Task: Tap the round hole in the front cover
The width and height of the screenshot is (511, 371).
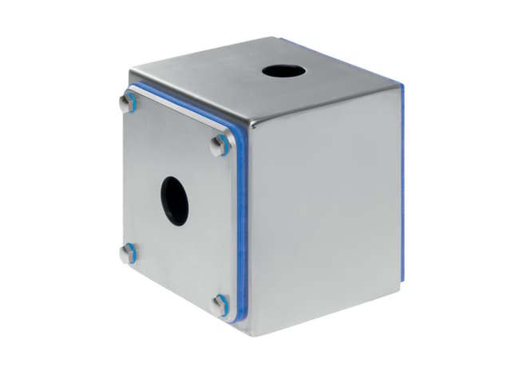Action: [x=176, y=199]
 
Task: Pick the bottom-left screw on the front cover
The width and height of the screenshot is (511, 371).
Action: [x=128, y=254]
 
